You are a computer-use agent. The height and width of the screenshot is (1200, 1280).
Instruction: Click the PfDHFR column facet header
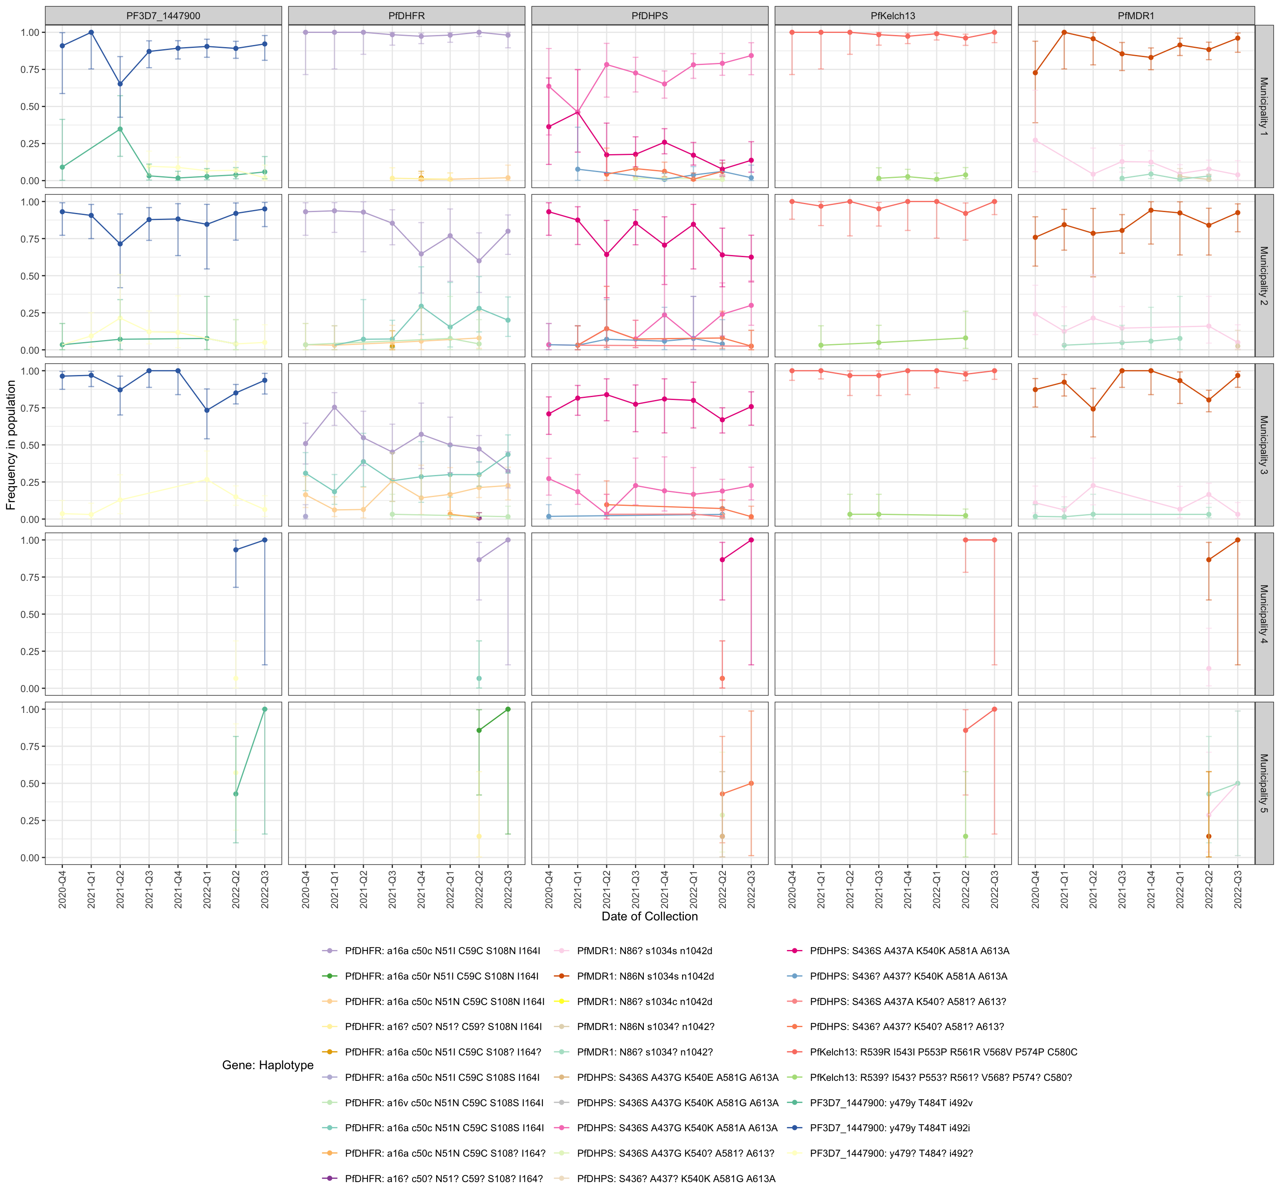(406, 15)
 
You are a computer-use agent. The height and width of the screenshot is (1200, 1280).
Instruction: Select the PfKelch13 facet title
(892, 15)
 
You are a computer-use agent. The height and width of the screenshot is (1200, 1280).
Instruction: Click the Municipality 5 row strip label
(1263, 783)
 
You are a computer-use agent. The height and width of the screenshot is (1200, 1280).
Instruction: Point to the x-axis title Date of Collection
(649, 916)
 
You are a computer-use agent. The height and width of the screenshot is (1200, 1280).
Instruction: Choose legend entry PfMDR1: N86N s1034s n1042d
(645, 976)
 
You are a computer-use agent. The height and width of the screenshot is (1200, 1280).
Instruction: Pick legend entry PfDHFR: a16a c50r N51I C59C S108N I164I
(441, 976)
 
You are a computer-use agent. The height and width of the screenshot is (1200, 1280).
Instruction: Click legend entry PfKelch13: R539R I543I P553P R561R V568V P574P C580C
(942, 1052)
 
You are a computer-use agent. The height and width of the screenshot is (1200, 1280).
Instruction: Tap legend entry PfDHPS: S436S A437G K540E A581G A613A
(677, 1077)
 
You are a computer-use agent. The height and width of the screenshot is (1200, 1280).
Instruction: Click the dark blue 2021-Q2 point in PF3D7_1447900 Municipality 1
(120, 84)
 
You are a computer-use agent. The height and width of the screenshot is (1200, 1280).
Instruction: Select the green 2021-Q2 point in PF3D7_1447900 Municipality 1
(120, 130)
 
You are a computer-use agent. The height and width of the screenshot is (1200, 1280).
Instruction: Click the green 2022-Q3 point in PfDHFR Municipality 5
(508, 709)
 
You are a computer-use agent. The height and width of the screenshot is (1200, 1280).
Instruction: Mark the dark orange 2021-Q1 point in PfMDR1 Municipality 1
(1064, 32)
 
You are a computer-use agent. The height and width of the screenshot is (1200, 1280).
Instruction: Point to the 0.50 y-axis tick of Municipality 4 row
(30, 614)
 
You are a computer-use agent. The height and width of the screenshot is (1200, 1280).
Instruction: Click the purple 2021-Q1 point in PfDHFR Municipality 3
(334, 407)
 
